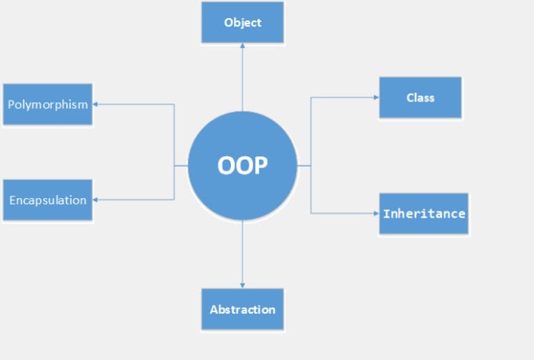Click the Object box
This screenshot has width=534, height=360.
click(243, 23)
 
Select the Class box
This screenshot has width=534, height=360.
click(421, 97)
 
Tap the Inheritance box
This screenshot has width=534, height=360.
click(424, 214)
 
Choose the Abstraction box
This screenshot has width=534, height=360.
click(243, 309)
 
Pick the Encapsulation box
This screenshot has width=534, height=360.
click(48, 200)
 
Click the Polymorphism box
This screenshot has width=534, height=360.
click(48, 105)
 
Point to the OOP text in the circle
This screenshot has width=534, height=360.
click(243, 166)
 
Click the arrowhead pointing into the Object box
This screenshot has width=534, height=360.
click(243, 46)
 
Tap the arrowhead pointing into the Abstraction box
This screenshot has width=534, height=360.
click(243, 285)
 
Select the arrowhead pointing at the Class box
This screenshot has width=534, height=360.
click(376, 97)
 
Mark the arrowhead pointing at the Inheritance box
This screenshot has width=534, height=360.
click(376, 214)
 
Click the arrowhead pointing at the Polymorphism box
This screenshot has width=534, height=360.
click(95, 105)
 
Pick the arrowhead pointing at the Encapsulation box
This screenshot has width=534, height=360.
click(95, 200)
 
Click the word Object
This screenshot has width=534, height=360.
click(243, 23)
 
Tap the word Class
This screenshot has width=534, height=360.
click(421, 97)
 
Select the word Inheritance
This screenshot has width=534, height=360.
click(424, 214)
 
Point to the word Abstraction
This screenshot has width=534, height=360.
click(243, 310)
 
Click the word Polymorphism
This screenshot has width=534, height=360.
click(48, 105)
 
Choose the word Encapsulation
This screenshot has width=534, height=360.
click(48, 200)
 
